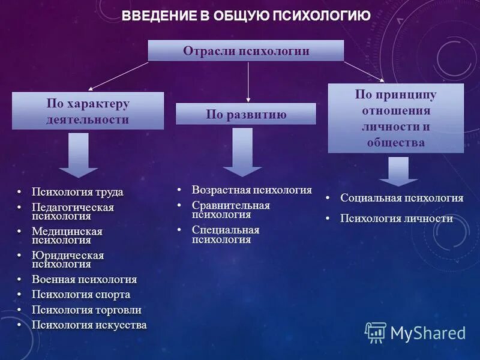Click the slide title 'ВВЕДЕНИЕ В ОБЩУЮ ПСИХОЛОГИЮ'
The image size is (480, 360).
246,16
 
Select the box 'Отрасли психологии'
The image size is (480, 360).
246,51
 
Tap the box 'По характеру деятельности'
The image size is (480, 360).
88,111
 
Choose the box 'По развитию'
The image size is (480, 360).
245,114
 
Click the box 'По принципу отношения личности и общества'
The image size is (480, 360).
395,118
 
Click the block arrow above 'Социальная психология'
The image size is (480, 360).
398,171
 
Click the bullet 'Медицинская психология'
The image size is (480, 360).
67,236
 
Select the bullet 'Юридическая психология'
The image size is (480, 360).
67,259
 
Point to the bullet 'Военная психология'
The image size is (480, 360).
84,280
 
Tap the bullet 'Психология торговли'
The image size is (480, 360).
86,310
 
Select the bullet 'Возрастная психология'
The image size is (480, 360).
251,190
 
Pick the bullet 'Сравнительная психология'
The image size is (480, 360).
230,209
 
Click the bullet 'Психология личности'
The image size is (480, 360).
396,218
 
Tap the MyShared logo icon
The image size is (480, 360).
376,332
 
